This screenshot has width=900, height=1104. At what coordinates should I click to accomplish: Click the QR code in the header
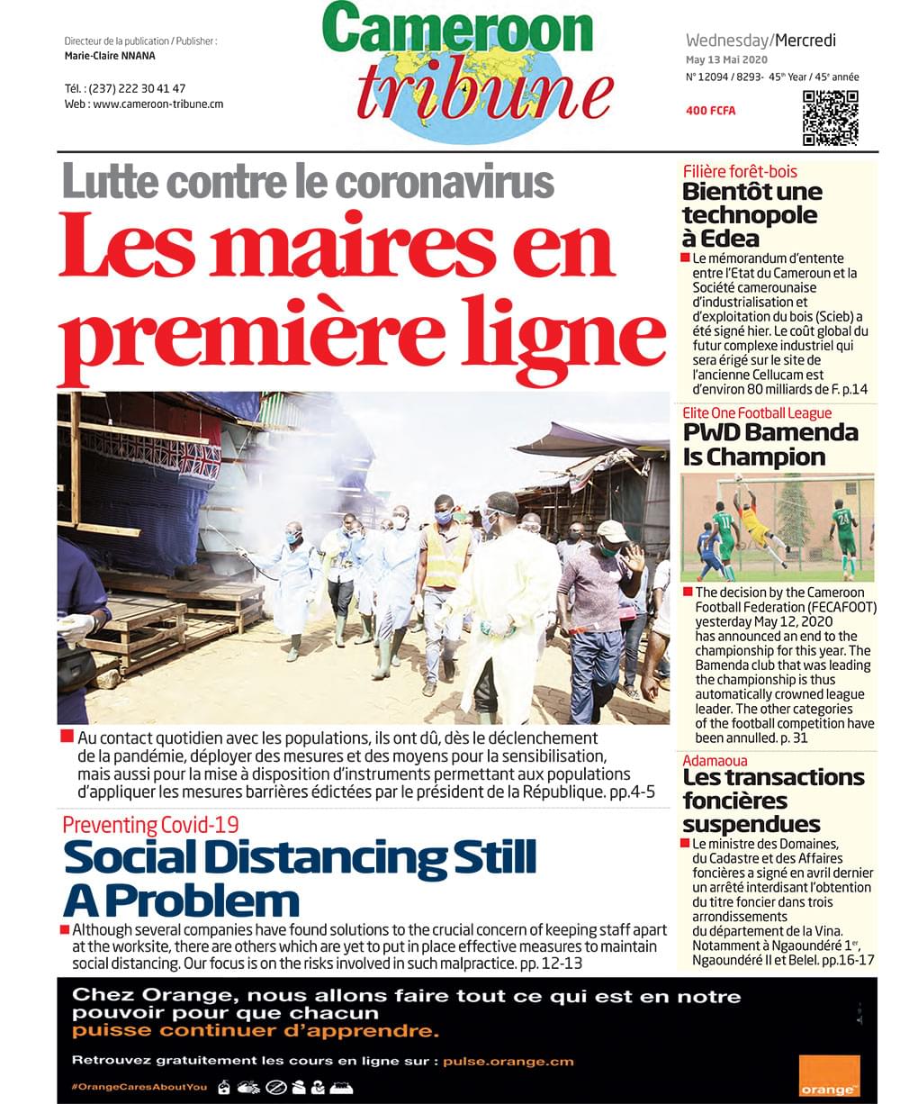[x=830, y=117]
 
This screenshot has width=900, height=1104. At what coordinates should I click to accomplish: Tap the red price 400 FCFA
[x=710, y=111]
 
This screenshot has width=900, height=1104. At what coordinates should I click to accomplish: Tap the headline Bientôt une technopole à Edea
[x=751, y=215]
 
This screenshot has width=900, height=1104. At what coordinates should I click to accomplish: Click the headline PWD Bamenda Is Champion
[x=770, y=445]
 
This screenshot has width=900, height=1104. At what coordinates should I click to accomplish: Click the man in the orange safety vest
[x=446, y=554]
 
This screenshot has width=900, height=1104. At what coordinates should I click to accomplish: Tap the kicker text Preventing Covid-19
[x=150, y=824]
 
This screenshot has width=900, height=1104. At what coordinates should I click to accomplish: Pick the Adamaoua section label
[x=715, y=761]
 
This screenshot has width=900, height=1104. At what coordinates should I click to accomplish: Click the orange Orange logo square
[x=828, y=1075]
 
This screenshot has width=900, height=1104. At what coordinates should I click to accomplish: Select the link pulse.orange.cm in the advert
[x=508, y=1061]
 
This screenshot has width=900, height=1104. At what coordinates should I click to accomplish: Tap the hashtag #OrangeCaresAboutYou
[x=139, y=1087]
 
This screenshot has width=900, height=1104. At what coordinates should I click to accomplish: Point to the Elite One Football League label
[x=757, y=412]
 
